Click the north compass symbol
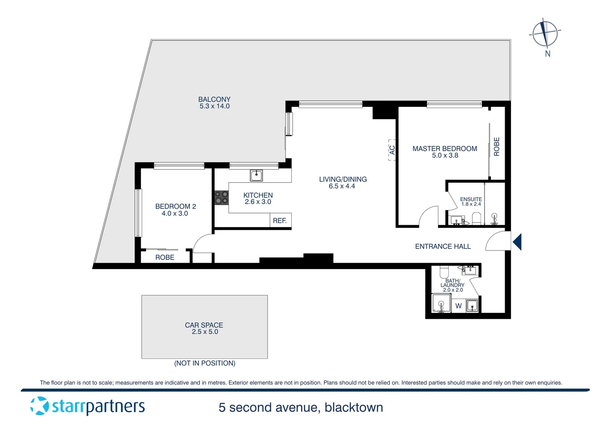click(x=545, y=33)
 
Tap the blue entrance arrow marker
click(x=517, y=242)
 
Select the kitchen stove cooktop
click(x=221, y=198)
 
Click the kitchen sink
click(x=256, y=176)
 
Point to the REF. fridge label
click(x=279, y=221)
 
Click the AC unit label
click(x=392, y=150)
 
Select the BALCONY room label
click(x=214, y=99)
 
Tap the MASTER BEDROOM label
click(x=445, y=149)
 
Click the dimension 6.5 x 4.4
click(x=342, y=186)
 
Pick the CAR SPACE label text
click(x=204, y=325)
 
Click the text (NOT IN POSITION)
click(x=205, y=363)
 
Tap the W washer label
click(x=459, y=306)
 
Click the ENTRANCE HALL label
click(x=443, y=247)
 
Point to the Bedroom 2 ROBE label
click(x=165, y=258)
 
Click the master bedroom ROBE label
click(x=497, y=147)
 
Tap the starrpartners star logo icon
click(x=39, y=406)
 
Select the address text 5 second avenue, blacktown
click(x=301, y=407)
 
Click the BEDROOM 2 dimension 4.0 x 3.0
click(x=175, y=213)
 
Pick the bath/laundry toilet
click(x=444, y=272)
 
